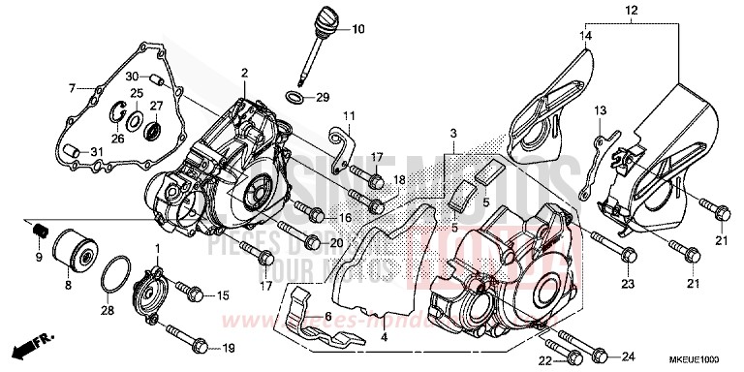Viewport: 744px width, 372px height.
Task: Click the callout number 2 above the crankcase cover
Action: click(246, 74)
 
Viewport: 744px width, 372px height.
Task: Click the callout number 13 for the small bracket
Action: click(600, 110)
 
